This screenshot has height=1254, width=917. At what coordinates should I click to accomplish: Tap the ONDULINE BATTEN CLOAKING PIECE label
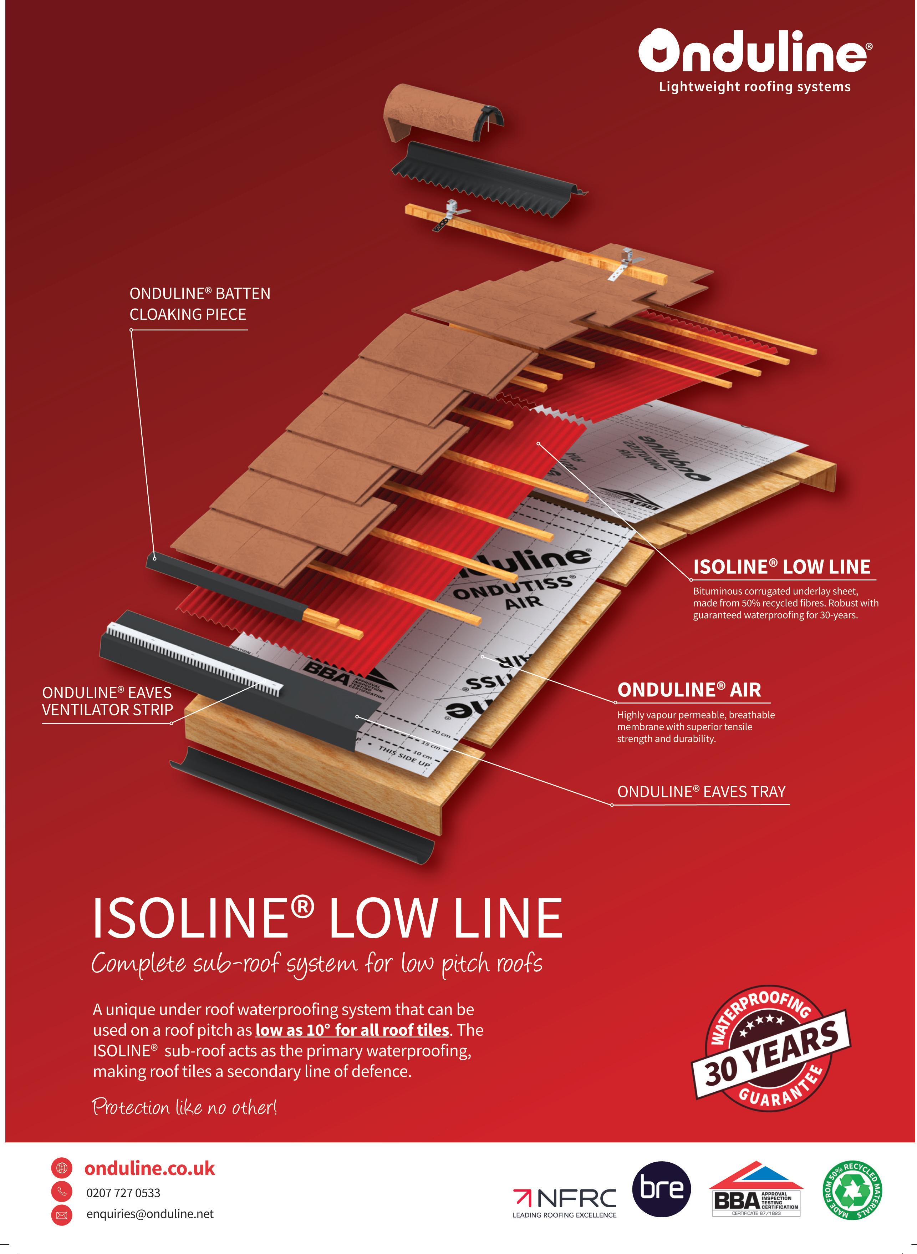200,304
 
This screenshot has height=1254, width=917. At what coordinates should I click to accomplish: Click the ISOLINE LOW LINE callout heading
781,567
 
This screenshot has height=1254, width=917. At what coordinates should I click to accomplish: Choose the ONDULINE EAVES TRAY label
701,792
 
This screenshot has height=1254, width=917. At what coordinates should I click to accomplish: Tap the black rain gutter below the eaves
302,805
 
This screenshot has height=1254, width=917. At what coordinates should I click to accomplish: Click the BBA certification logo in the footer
756,1191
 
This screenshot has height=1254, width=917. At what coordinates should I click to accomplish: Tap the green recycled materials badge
852,1191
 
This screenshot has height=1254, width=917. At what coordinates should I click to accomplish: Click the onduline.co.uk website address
149,1168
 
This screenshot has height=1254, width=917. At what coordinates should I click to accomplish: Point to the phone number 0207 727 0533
123,1193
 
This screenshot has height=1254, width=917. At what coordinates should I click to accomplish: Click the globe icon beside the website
62,1168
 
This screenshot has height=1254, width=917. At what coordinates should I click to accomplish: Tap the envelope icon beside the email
62,1215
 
